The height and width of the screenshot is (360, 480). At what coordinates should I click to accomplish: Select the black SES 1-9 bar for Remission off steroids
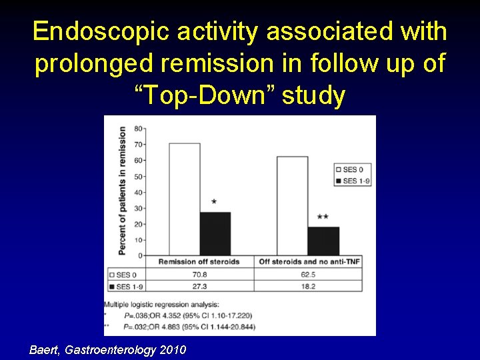[215, 233]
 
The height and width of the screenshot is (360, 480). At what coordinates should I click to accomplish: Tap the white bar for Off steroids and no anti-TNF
[292, 206]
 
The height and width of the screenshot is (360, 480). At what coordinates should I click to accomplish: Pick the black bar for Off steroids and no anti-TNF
[323, 241]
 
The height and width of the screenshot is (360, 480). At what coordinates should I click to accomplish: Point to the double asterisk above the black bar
[323, 217]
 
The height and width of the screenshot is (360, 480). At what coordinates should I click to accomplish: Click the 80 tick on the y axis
[139, 128]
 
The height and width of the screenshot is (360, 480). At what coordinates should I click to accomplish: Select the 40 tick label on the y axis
[139, 192]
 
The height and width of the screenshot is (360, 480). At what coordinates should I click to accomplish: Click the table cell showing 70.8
[199, 274]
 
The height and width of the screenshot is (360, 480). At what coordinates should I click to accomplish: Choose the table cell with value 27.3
[199, 286]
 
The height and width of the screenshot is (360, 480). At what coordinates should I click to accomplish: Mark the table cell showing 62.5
[309, 274]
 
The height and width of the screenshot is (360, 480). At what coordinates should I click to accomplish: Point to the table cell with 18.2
[309, 286]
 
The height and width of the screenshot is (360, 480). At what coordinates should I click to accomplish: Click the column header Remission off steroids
[199, 262]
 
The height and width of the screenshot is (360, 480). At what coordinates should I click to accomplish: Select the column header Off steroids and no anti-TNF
[309, 262]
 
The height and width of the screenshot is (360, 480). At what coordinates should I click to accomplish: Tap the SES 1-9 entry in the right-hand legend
[354, 181]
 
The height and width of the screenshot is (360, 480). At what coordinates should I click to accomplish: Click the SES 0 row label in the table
[127, 274]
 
